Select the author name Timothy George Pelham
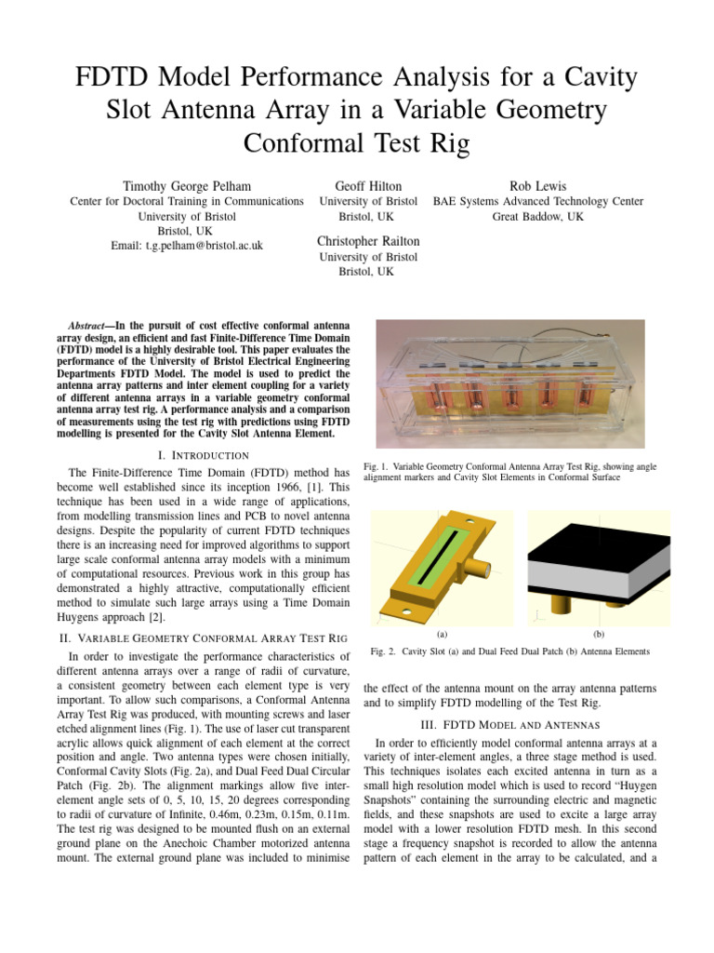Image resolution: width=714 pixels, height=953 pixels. pos(187,185)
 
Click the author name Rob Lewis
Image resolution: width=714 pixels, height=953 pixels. pos(538,185)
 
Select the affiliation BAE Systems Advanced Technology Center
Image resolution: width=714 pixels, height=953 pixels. pos(538,201)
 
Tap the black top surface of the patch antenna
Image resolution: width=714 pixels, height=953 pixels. pos(595,543)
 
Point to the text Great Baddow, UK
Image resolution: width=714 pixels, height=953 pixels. pos(538,216)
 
